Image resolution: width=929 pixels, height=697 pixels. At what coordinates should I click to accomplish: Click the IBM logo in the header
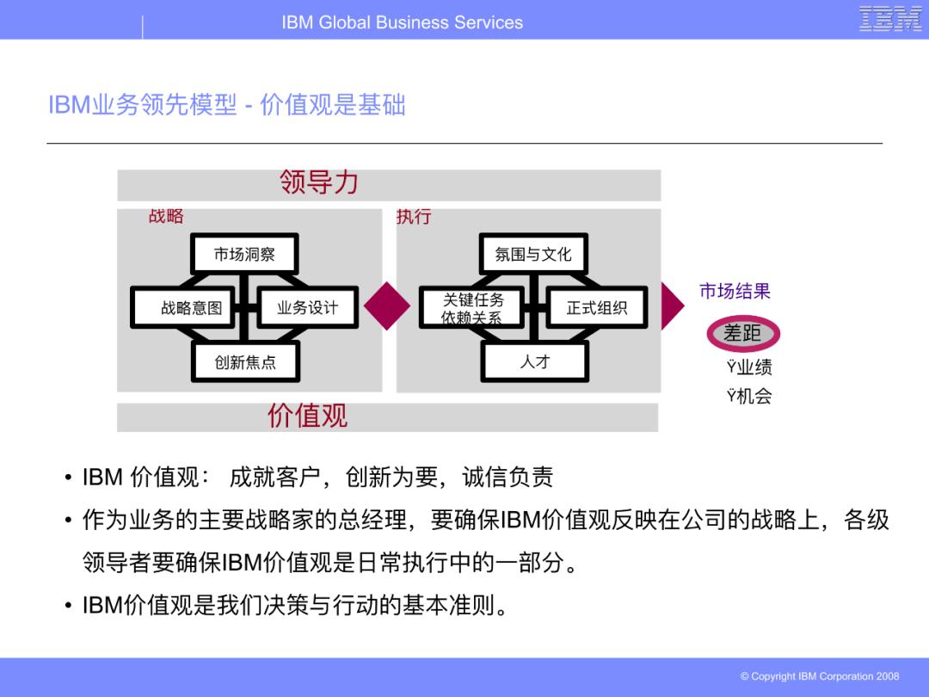pyautogui.click(x=889, y=19)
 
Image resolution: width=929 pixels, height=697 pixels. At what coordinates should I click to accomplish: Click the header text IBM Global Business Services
pyautogui.click(x=402, y=22)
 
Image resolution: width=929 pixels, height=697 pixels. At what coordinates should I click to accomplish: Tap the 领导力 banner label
pyautogui.click(x=318, y=182)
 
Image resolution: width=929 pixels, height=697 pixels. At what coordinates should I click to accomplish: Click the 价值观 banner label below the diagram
pyautogui.click(x=307, y=416)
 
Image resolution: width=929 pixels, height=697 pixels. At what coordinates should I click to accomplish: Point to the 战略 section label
pyautogui.click(x=166, y=216)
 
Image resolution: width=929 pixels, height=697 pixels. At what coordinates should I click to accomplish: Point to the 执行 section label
pyautogui.click(x=413, y=216)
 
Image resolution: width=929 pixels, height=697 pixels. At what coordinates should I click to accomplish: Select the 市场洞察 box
pyautogui.click(x=244, y=254)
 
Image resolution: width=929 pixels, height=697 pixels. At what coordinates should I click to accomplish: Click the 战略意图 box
pyautogui.click(x=191, y=307)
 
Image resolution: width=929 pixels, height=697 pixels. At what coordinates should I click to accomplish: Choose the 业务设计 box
pyautogui.click(x=307, y=307)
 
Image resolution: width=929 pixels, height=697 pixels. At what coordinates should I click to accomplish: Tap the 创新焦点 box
pyautogui.click(x=245, y=362)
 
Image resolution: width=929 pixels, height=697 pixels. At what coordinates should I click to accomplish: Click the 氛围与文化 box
pyautogui.click(x=533, y=254)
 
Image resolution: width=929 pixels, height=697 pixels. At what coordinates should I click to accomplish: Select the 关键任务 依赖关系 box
pyautogui.click(x=473, y=308)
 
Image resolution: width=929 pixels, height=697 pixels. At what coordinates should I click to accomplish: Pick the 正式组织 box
pyautogui.click(x=596, y=307)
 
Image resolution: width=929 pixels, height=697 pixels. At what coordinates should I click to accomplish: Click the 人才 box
pyautogui.click(x=534, y=362)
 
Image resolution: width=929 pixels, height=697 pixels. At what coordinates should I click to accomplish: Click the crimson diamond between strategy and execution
pyautogui.click(x=387, y=305)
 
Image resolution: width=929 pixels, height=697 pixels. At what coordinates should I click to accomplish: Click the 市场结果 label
pyautogui.click(x=735, y=291)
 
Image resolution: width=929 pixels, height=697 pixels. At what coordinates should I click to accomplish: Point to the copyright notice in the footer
pyautogui.click(x=819, y=676)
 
